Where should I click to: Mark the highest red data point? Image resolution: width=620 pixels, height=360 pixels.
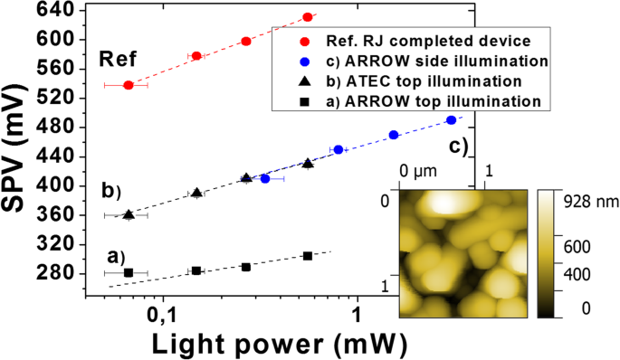pos(308,17)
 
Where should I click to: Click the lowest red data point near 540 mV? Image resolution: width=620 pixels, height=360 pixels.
pos(129,85)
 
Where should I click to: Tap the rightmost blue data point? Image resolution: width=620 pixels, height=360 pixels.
pos(452,120)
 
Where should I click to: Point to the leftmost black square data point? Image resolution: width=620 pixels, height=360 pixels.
pos(129,272)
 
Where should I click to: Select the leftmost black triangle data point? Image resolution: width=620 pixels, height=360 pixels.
pos(129,214)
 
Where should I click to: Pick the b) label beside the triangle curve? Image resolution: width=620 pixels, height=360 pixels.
pos(111,192)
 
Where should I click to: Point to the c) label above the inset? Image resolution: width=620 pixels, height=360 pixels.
pos(459,147)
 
